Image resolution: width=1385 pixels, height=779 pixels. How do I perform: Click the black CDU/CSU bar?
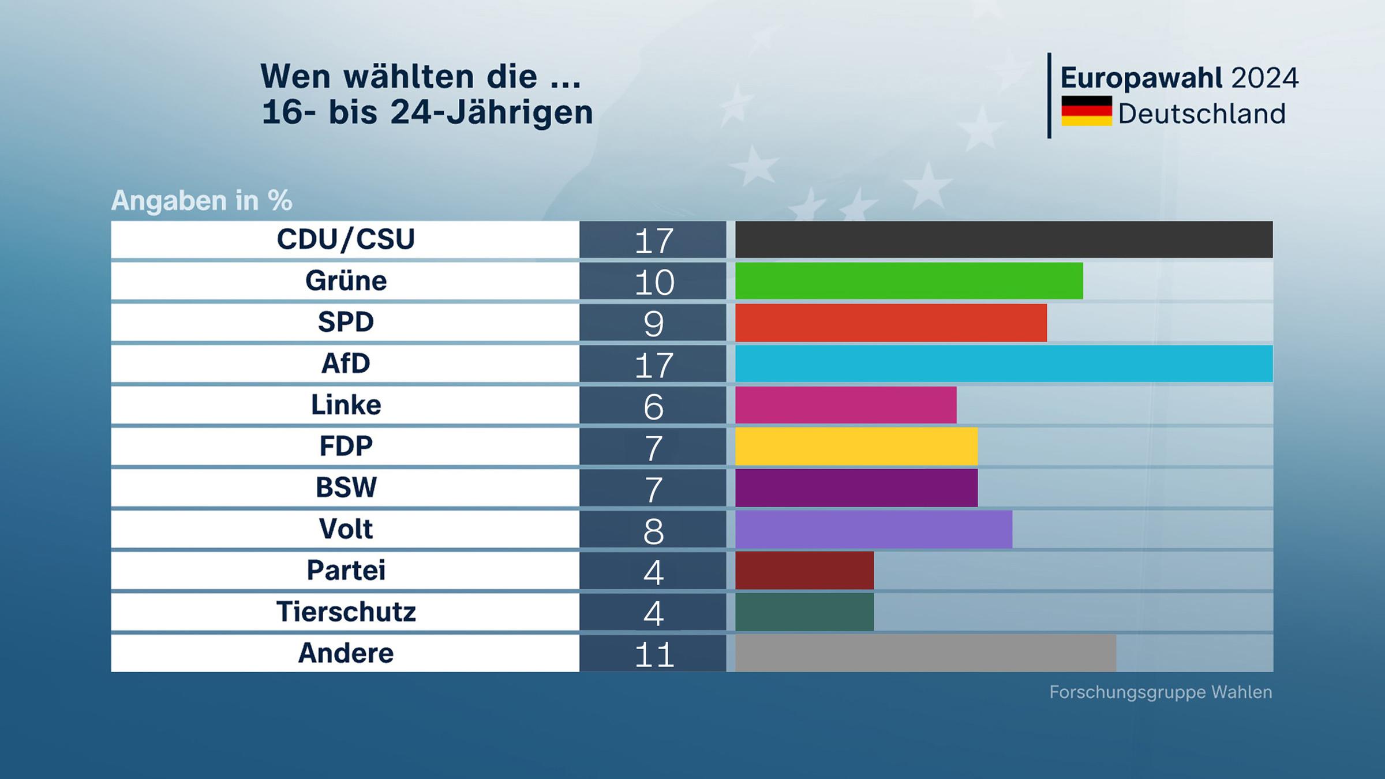(1004, 239)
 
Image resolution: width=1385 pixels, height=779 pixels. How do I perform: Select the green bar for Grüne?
(909, 281)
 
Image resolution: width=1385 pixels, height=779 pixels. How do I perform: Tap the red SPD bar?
(890, 323)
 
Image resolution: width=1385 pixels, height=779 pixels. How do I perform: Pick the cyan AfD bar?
(1004, 364)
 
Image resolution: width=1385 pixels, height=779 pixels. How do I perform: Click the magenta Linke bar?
(845, 405)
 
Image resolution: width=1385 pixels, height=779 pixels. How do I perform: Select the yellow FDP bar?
(856, 447)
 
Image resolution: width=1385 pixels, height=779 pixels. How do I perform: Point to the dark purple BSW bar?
(856, 488)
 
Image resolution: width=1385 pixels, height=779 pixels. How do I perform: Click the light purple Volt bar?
(873, 529)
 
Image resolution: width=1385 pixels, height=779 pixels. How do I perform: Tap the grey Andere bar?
(925, 653)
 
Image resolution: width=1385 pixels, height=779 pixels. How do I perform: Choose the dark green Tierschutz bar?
(804, 612)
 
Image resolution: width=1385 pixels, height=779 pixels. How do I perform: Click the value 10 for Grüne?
(654, 282)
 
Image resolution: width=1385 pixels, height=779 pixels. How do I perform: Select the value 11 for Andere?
(654, 654)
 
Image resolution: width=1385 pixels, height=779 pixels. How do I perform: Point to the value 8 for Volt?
(653, 531)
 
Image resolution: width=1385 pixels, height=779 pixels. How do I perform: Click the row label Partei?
(346, 570)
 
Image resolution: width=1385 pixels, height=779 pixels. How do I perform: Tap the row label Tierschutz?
(346, 612)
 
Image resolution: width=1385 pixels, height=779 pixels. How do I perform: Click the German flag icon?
(1086, 111)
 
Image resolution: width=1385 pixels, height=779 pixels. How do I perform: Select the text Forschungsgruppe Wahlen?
(1161, 692)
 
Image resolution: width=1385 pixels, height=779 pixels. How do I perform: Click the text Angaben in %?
(201, 201)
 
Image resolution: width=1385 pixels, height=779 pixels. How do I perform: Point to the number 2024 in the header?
(1264, 78)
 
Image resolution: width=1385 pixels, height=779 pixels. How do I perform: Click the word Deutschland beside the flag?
(1201, 114)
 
